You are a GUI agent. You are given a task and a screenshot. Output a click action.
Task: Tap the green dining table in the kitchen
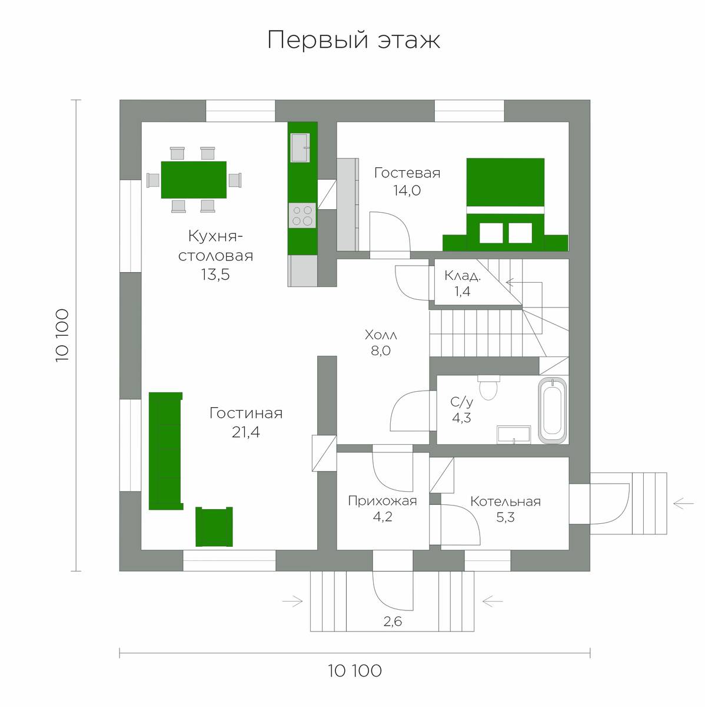[194, 180]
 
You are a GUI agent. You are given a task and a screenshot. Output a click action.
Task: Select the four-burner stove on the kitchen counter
[302, 216]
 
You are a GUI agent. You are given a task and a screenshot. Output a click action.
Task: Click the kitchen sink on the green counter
[300, 147]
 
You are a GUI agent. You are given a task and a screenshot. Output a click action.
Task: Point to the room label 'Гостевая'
[407, 173]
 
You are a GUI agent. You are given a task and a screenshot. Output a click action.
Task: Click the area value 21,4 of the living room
[245, 432]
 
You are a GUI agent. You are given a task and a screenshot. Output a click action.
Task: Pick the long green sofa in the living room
[165, 451]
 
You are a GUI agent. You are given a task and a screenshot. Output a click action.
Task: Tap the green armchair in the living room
[214, 527]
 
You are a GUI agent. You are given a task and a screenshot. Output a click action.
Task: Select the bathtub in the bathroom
[553, 411]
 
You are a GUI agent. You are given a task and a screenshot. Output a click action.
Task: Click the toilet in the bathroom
[488, 387]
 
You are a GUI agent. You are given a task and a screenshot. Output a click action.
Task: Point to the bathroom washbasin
[514, 435]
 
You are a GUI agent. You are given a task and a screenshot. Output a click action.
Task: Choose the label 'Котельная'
[505, 501]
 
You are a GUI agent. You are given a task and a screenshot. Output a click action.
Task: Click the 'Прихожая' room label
[383, 501]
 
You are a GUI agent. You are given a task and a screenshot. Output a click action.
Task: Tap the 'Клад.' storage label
[463, 276]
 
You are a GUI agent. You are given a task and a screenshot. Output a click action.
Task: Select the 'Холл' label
[381, 335]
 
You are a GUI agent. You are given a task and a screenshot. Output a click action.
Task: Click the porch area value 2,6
[393, 621]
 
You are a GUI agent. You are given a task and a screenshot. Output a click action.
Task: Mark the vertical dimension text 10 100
[62, 335]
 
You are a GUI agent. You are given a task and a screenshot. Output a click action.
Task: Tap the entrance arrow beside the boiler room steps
[683, 503]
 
